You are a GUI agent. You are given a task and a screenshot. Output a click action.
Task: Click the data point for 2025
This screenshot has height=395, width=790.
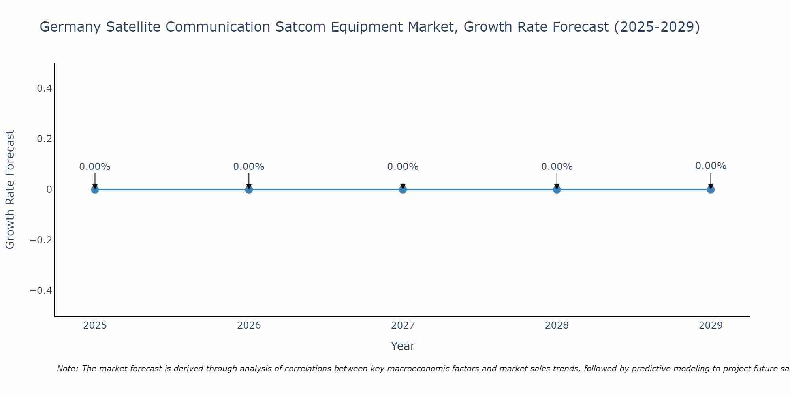tap(95, 190)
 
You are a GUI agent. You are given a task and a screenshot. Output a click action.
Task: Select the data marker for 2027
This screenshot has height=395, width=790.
tap(403, 190)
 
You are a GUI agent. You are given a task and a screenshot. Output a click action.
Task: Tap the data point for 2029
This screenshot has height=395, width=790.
tap(711, 190)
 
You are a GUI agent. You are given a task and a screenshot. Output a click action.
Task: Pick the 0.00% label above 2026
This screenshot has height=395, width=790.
tap(249, 167)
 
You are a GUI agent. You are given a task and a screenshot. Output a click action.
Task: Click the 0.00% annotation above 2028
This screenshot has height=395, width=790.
tap(557, 167)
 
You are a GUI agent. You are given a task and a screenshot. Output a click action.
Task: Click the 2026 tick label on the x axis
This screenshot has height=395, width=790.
tap(249, 325)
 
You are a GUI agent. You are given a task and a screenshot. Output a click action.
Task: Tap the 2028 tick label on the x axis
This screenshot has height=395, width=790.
tap(557, 325)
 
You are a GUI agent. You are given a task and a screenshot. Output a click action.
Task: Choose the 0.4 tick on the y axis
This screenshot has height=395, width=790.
tap(44, 88)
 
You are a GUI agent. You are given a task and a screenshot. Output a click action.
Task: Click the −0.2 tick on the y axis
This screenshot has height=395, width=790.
tap(41, 240)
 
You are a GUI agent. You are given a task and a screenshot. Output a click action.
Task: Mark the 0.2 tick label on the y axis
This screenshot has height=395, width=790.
tap(44, 139)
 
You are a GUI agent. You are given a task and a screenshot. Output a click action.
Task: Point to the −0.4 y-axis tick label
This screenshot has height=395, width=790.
tap(41, 291)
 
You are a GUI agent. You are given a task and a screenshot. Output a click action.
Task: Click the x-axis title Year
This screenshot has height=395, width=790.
tap(403, 346)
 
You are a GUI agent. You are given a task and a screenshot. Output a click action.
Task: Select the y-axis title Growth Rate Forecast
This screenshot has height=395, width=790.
tap(10, 190)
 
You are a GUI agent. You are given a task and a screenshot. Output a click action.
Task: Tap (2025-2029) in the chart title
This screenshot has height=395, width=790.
tap(656, 27)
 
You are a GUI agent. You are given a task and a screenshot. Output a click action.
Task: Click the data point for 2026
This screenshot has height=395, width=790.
tap(249, 190)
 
